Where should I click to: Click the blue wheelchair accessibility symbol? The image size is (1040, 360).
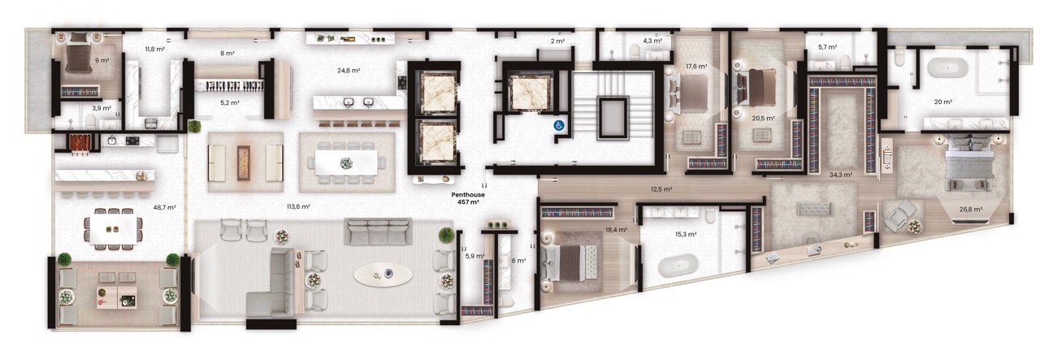[560, 125]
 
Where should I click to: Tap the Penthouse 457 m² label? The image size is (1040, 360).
[468, 198]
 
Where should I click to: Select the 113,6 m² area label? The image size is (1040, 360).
[298, 206]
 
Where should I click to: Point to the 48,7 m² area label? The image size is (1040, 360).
[164, 208]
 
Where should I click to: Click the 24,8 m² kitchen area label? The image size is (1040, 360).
[349, 71]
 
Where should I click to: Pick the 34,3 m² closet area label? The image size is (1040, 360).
[841, 175]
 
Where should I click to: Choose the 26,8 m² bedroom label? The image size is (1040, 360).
[971, 210]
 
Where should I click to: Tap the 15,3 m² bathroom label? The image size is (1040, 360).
[686, 235]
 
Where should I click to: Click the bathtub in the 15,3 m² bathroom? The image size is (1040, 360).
[678, 267]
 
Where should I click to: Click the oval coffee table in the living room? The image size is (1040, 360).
[383, 275]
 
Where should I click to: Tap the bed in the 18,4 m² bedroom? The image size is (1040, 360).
[570, 262]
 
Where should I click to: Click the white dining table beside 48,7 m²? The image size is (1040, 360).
[113, 230]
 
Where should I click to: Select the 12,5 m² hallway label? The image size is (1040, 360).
[661, 189]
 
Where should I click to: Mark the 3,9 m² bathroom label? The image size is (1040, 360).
[102, 108]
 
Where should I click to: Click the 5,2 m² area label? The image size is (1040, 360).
[230, 102]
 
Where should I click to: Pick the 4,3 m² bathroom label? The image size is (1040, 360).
[652, 41]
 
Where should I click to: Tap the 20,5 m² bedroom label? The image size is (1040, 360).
[763, 119]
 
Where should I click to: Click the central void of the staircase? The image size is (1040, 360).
[613, 118]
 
